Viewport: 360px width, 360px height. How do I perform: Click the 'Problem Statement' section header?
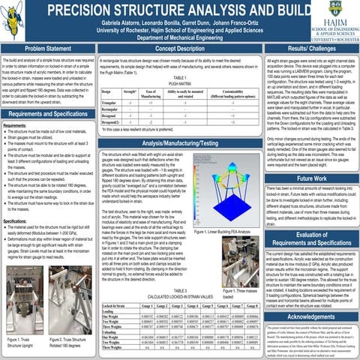pyautogui.click(x=46, y=48)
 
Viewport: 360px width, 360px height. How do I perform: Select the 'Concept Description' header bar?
pyautogui.click(x=179, y=48)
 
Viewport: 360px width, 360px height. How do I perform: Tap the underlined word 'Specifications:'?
pyautogui.click(x=16, y=223)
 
